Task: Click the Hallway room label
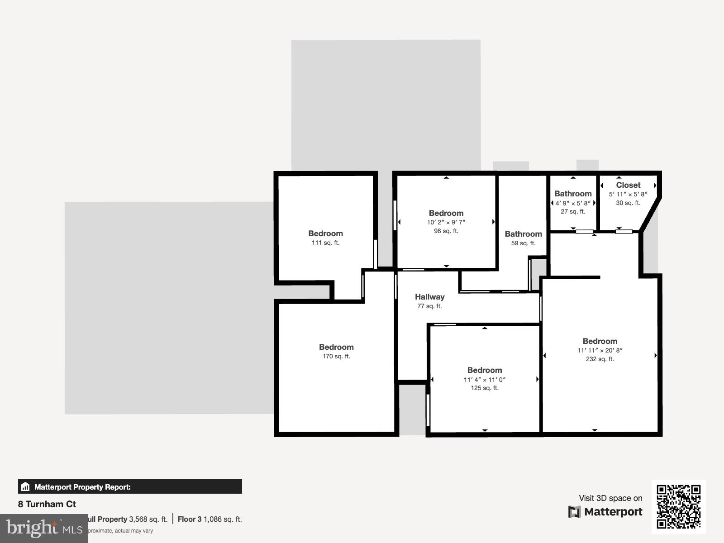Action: pyautogui.click(x=429, y=297)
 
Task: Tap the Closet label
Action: pyautogui.click(x=628, y=185)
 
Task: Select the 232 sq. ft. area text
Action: pyautogui.click(x=600, y=359)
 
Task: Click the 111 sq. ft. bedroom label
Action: pyautogui.click(x=325, y=233)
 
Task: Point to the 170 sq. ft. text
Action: pyautogui.click(x=336, y=356)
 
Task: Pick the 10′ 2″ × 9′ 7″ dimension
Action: pyautogui.click(x=446, y=222)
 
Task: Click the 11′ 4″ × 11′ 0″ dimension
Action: pyautogui.click(x=484, y=380)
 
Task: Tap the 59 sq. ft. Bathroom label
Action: pyautogui.click(x=523, y=234)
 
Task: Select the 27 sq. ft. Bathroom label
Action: pyautogui.click(x=573, y=194)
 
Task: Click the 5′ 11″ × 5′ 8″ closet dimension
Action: pyautogui.click(x=628, y=194)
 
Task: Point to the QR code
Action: pyautogui.click(x=678, y=506)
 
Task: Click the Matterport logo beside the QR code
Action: pyautogui.click(x=605, y=512)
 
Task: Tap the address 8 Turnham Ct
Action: pyautogui.click(x=47, y=504)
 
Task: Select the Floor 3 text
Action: pyautogui.click(x=189, y=519)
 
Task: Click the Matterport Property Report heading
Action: pyautogui.click(x=82, y=487)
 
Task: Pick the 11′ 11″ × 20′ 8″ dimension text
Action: pyautogui.click(x=600, y=350)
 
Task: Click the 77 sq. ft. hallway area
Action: pyautogui.click(x=429, y=306)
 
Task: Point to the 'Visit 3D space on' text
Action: pyautogui.click(x=610, y=498)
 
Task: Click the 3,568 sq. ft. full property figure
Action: pyautogui.click(x=148, y=519)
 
